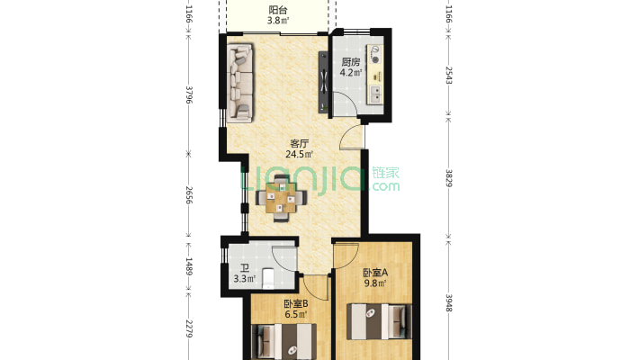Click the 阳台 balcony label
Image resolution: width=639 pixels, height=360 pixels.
pos(278,10)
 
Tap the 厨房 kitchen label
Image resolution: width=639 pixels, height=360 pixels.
pos(351,62)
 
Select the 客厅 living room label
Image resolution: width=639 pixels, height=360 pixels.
pos(299,143)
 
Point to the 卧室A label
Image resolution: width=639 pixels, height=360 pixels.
pos(375,273)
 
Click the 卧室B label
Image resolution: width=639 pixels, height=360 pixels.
pos(295,303)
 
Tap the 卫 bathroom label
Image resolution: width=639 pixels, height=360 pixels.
pos(245,268)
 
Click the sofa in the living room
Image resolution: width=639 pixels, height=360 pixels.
pos(239,83)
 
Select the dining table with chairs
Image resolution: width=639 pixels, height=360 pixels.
pos(281,198)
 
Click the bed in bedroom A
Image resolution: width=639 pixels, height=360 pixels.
pos(379,321)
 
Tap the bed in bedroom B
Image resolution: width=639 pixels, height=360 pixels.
pos(283,342)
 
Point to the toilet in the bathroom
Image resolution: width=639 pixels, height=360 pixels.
pos(268,278)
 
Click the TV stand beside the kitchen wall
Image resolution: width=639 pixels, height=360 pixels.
pos(323,82)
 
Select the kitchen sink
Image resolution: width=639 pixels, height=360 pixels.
pos(375,94)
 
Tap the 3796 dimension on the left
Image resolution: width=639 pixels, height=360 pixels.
pos(189,94)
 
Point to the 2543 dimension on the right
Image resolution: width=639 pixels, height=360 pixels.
pos(449,76)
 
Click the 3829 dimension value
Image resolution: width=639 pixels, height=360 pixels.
pos(449,178)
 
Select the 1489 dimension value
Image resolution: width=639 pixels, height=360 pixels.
pos(189,265)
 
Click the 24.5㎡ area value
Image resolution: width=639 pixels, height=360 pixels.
pos(299,154)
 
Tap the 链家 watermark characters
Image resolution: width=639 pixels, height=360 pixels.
pos(385,173)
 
